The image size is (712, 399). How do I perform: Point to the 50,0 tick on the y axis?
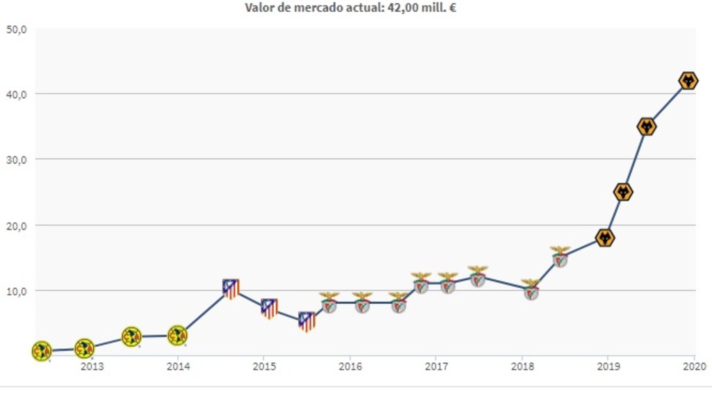17,29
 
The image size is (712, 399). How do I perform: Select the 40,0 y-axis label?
17,94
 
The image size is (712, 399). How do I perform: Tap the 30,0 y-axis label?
17,159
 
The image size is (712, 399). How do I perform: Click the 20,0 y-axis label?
17,225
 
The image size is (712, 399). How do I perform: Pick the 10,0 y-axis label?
17,291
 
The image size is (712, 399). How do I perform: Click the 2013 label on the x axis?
92,366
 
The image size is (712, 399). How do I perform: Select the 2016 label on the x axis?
350,366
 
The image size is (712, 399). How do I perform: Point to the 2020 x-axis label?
693,366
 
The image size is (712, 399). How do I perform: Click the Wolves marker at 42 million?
688,81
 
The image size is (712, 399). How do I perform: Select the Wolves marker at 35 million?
647,127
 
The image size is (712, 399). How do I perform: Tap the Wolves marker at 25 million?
623,192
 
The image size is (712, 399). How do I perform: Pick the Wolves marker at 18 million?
606,238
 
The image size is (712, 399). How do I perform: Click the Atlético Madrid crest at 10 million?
231,288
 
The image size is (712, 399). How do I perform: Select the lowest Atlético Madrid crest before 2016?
307,321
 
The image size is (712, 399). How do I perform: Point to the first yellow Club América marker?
42,351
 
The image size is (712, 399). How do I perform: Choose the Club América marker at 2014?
177,336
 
